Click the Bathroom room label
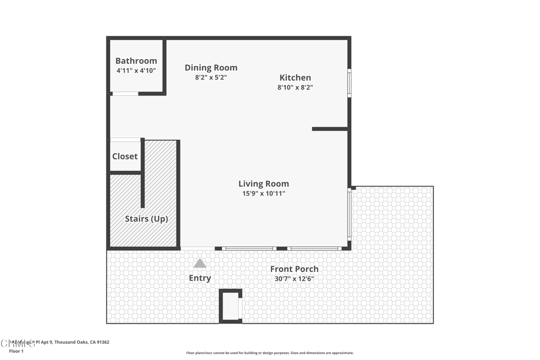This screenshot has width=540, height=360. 136,61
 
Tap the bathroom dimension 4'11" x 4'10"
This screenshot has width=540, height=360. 136,70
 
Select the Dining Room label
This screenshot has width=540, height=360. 211,67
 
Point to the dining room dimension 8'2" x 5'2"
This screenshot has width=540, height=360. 211,77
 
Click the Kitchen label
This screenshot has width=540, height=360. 295,77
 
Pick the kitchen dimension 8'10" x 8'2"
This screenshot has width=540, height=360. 295,87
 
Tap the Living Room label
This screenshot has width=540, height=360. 264,183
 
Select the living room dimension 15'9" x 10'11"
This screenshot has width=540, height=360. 264,193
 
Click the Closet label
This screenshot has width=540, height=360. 125,156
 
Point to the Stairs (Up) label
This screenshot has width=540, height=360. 146,218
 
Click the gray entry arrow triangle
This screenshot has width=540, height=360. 200,264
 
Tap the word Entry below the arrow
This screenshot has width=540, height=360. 200,278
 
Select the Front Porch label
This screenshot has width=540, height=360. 294,269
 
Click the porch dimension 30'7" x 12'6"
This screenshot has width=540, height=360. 294,279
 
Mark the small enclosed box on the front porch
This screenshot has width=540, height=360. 230,306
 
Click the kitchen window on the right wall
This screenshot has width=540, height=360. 349,83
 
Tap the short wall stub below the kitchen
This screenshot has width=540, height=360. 330,129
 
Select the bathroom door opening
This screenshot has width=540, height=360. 126,94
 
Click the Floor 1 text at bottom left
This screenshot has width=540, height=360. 16,351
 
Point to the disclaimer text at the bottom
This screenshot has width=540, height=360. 269,353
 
